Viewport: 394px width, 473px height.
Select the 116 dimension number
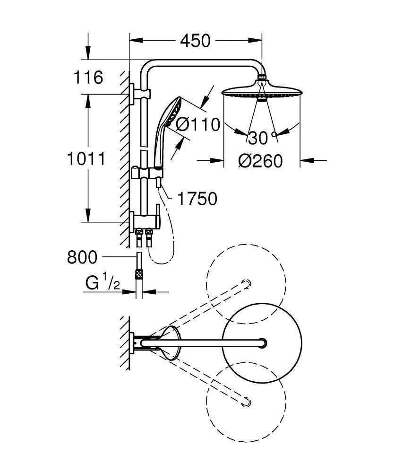(88, 77)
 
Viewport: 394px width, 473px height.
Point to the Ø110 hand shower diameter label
(198, 124)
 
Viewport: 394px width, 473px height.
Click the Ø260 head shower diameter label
(260, 161)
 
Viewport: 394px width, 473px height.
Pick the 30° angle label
(261, 138)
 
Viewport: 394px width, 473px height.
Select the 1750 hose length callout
(197, 199)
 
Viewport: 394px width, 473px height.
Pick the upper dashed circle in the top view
(246, 284)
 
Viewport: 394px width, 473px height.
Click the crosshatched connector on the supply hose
(139, 273)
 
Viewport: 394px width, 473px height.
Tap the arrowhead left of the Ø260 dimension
(218, 161)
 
